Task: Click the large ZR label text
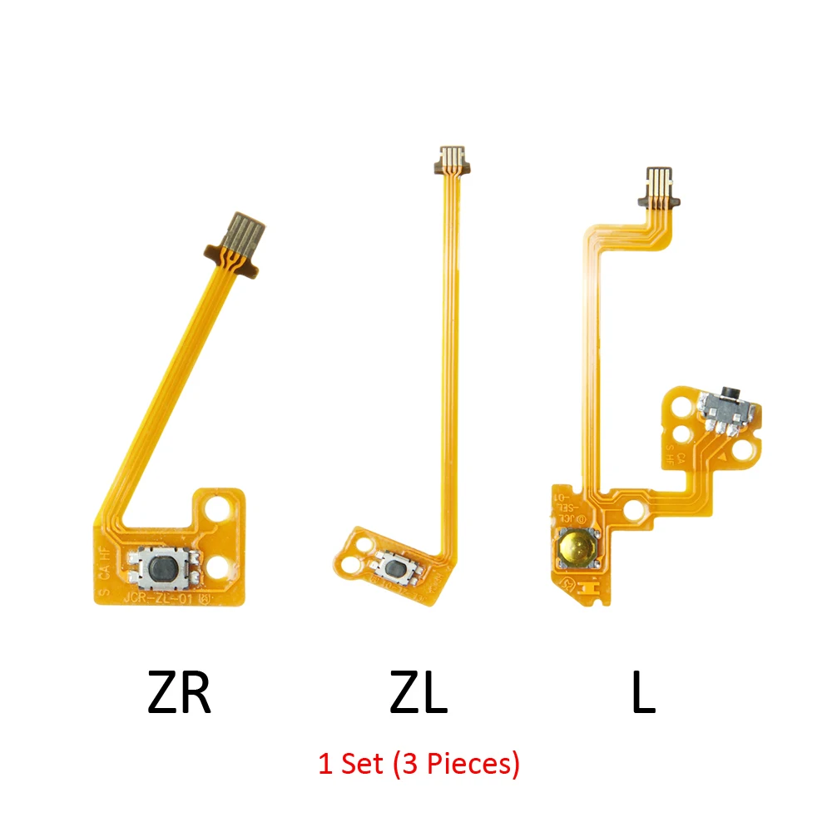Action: click(180, 695)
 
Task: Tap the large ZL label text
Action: click(418, 695)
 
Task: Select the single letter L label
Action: click(643, 695)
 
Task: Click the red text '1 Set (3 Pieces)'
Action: click(418, 763)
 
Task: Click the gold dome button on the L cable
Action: click(577, 547)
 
